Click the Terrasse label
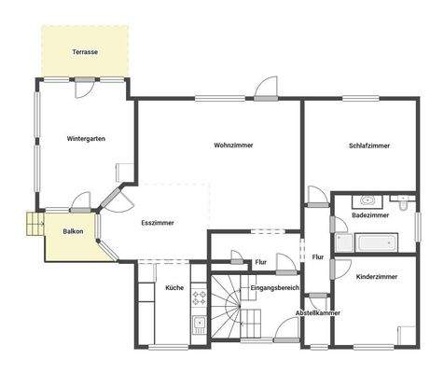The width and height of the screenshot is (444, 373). [85, 53]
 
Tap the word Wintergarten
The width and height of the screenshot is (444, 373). [86, 139]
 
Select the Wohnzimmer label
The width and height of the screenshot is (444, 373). [233, 145]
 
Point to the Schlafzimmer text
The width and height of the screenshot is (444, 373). [369, 145]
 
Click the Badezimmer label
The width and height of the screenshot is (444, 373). [370, 215]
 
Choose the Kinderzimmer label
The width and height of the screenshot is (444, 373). [377, 277]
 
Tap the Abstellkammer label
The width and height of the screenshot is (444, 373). [318, 313]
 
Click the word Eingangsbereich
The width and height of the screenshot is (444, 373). [274, 289]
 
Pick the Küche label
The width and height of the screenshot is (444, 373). [174, 289]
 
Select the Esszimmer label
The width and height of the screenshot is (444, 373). [158, 223]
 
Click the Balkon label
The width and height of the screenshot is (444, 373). [74, 230]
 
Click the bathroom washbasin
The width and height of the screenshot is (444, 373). [367, 200]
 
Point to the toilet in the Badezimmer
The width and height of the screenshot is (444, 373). [402, 201]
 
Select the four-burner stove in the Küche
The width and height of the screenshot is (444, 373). [199, 297]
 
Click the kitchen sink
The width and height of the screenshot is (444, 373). [199, 325]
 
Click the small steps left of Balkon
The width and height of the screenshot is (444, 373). [35, 225]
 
